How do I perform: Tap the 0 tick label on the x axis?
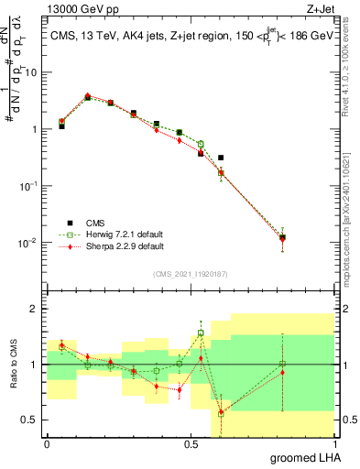pyautogui.click(x=47, y=444)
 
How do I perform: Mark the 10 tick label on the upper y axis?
pyautogui.click(x=34, y=71)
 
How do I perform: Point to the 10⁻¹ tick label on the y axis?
pyautogui.click(x=31, y=185)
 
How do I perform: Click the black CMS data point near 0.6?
pyautogui.click(x=221, y=158)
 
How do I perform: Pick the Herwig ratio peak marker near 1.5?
pyautogui.click(x=201, y=333)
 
